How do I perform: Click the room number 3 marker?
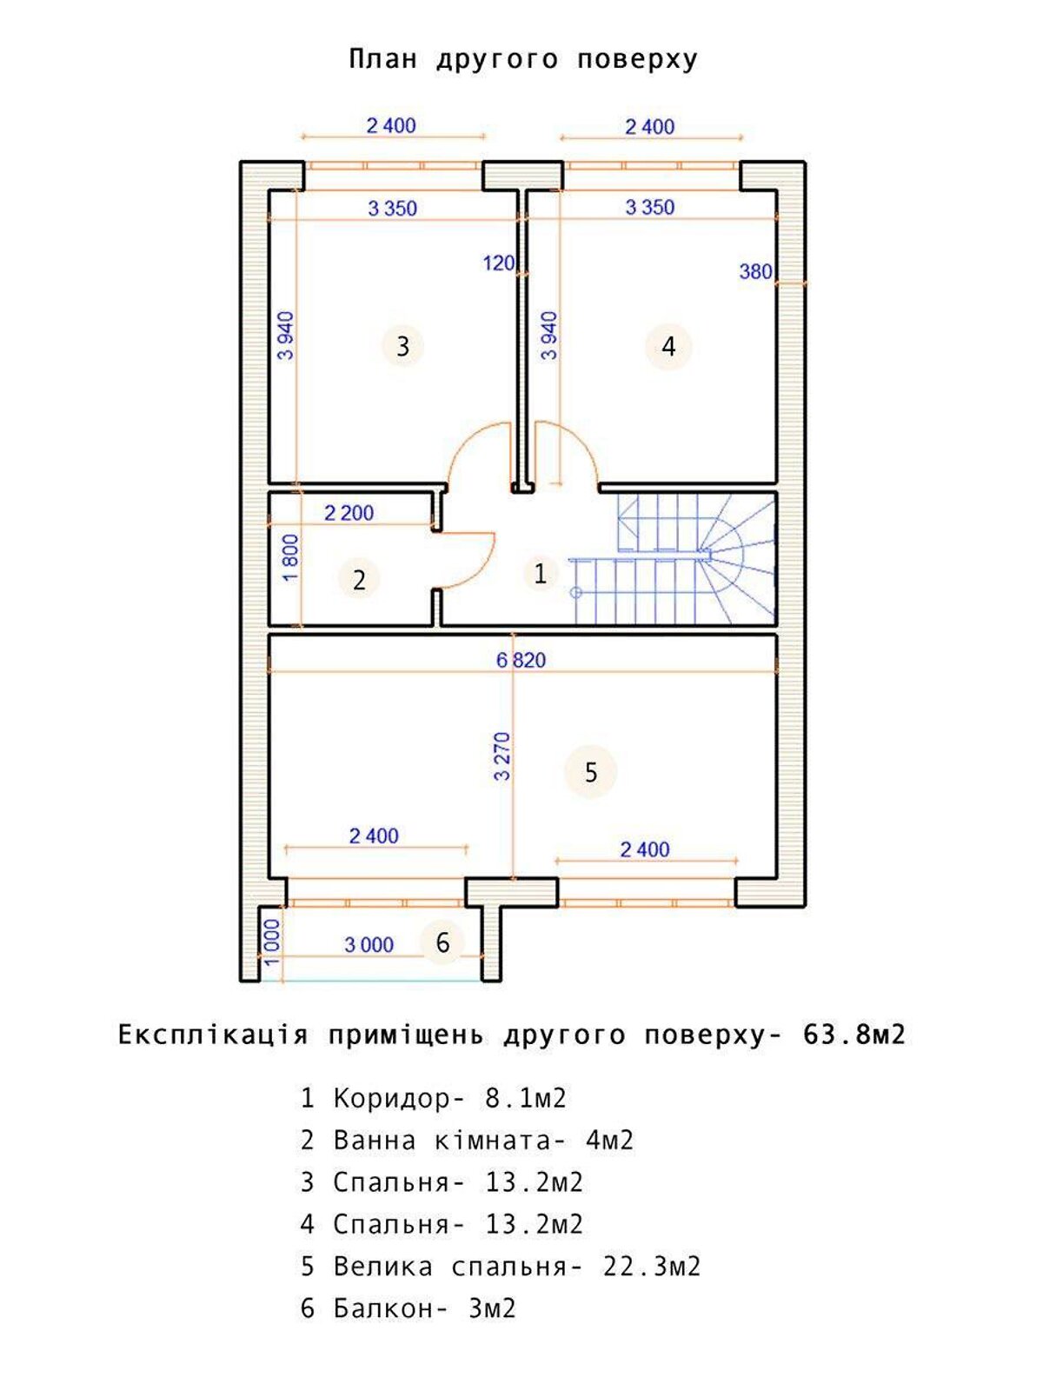point(402,347)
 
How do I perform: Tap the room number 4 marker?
point(668,347)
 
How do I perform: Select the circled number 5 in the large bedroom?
point(590,773)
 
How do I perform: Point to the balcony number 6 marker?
point(442,942)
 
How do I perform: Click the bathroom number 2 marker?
point(359,580)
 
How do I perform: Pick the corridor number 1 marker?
point(540,574)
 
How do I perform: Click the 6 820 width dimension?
point(521,661)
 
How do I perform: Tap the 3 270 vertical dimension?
point(502,755)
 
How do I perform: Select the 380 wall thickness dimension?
point(755,272)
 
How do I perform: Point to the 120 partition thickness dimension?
point(499,263)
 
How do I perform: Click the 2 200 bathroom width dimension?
point(349,513)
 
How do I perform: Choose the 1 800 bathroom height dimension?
point(290,558)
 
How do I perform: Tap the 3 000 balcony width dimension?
point(369,945)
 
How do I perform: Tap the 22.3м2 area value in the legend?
point(652,1267)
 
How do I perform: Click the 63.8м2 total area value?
point(854,1035)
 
